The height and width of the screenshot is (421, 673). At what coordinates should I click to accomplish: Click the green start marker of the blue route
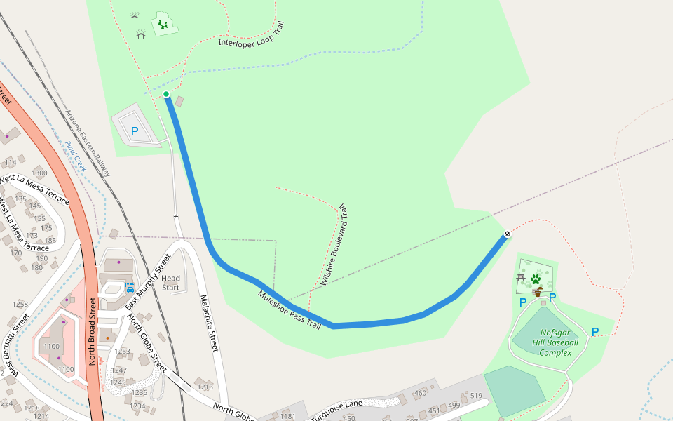(166, 94)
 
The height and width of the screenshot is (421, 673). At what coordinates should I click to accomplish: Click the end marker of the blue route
(507, 234)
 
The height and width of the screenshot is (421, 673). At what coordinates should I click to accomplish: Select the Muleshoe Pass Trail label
(289, 310)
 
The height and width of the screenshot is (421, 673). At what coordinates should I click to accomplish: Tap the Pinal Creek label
(76, 156)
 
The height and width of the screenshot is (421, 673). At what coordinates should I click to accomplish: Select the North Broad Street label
(91, 330)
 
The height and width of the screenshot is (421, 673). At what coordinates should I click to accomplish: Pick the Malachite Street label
(209, 322)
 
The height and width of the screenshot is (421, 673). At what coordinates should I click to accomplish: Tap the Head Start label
(170, 283)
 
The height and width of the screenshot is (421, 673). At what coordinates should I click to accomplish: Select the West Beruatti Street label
(17, 344)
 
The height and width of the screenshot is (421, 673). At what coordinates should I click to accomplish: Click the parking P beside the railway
(135, 131)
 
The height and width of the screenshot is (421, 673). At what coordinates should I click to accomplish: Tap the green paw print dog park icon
(536, 279)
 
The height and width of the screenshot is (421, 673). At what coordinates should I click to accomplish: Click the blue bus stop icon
(130, 287)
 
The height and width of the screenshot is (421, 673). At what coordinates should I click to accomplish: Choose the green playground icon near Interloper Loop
(163, 25)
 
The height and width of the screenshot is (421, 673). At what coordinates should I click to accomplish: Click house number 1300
(39, 173)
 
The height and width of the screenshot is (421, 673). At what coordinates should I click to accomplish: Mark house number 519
(476, 396)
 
